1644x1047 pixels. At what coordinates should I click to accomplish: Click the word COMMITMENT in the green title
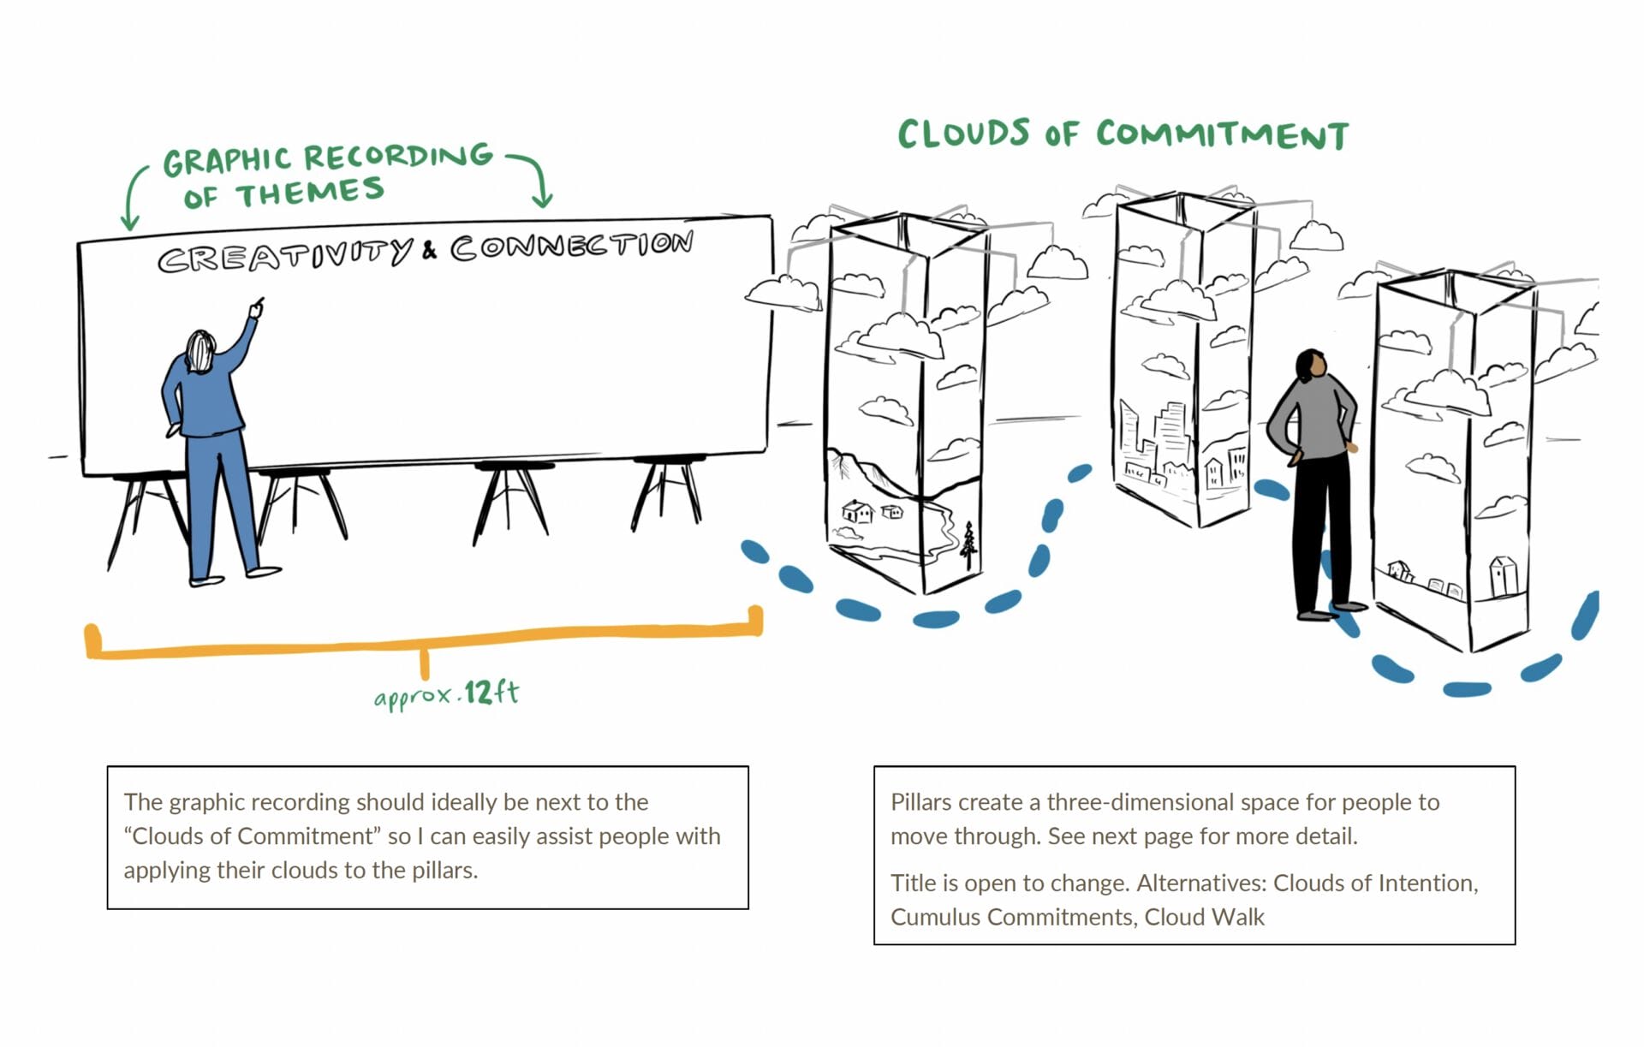coord(1222,135)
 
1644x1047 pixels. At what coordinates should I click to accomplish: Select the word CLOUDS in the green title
coord(963,134)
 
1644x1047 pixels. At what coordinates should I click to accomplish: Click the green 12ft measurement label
coord(491,692)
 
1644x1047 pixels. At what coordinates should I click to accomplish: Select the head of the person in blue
coord(200,351)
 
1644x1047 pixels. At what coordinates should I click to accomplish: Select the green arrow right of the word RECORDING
coord(534,178)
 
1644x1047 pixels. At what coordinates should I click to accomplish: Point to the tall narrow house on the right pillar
coord(1503,576)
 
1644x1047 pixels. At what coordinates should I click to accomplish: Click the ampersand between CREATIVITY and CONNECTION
coord(429,249)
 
